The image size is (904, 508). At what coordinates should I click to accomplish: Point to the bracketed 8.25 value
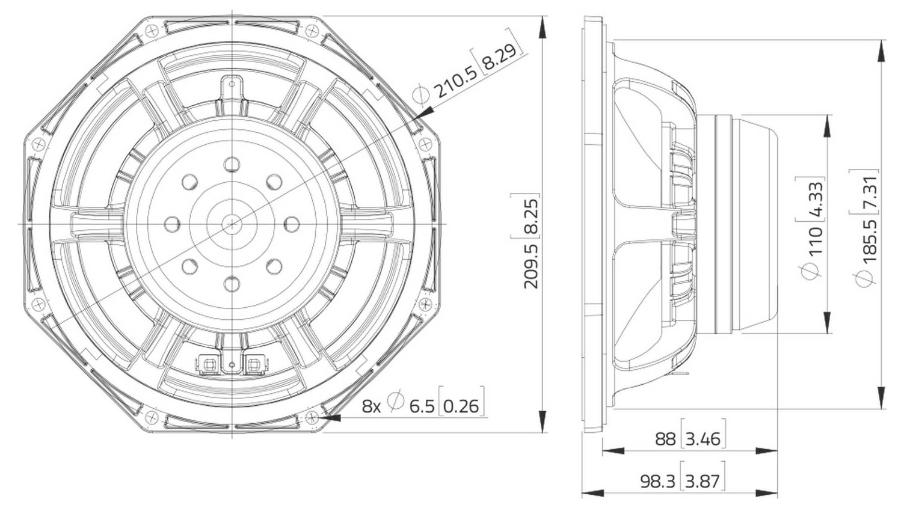(530, 215)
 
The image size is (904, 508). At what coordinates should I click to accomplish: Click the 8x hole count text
(371, 406)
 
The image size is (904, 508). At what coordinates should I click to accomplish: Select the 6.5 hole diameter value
(422, 406)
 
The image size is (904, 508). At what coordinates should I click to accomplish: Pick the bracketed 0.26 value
(461, 406)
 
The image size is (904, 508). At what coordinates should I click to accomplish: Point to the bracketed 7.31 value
(870, 191)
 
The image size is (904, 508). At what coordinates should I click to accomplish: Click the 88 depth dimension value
(665, 439)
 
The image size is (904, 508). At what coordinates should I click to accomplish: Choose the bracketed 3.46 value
(703, 439)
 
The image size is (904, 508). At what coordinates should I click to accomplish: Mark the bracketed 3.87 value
(703, 481)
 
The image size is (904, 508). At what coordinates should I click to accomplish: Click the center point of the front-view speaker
(232, 224)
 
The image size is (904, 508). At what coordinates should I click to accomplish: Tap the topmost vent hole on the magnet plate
(232, 164)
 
